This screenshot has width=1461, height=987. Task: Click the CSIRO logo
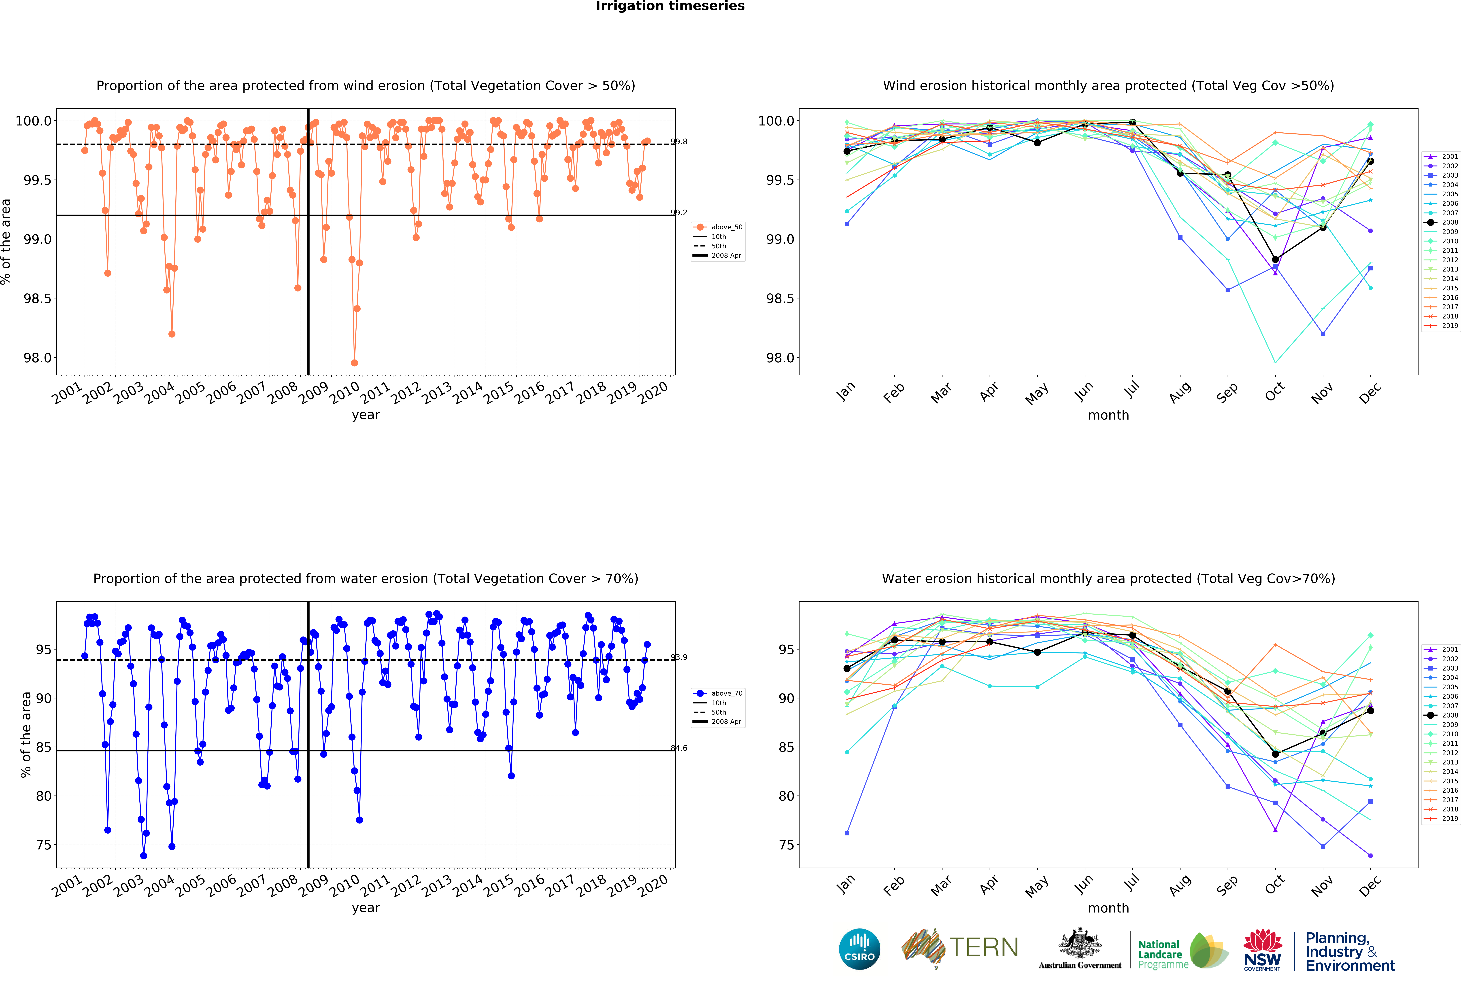pyautogui.click(x=859, y=949)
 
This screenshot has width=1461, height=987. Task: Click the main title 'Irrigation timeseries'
pyautogui.click(x=670, y=6)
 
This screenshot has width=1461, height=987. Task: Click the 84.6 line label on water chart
pyautogui.click(x=679, y=748)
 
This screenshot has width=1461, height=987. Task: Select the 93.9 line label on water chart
pyautogui.click(x=679, y=657)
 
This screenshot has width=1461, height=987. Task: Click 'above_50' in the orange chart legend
pyautogui.click(x=727, y=227)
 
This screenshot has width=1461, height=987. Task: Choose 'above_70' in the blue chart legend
pyautogui.click(x=727, y=693)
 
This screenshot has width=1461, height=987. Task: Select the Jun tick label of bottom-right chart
pyautogui.click(x=1084, y=884)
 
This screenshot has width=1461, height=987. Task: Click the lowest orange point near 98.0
pyautogui.click(x=355, y=363)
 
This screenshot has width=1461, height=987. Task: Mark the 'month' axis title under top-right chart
pyautogui.click(x=1108, y=415)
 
